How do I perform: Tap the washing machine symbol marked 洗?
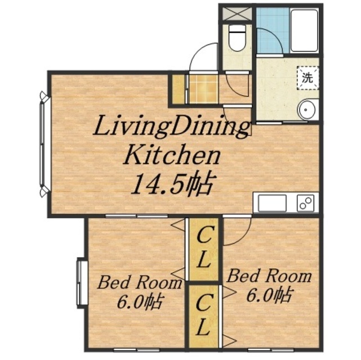(308, 78)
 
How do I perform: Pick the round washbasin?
(306, 110)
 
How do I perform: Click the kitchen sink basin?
(272, 202)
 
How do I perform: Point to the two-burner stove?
(305, 202)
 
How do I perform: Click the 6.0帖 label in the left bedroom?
(140, 301)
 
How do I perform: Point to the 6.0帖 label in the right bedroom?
(270, 295)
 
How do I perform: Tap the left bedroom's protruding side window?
(82, 283)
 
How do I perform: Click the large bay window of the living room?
(44, 145)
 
